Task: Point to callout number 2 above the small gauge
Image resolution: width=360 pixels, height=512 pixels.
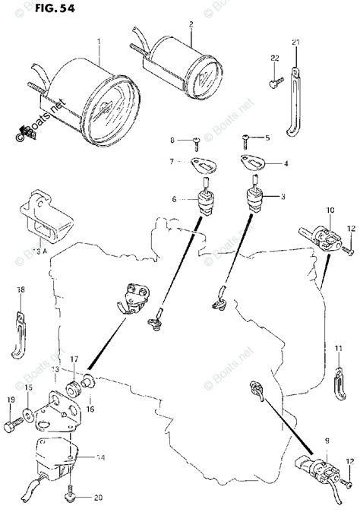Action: pyautogui.click(x=191, y=24)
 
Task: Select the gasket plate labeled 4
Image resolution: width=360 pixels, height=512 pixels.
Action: pyautogui.click(x=248, y=161)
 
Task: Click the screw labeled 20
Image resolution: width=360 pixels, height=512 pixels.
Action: pyautogui.click(x=70, y=496)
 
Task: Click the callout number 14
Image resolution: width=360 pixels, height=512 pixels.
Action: pyautogui.click(x=100, y=459)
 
